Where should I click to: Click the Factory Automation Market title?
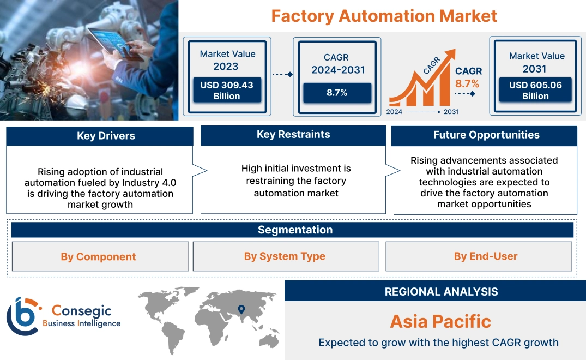[384, 16]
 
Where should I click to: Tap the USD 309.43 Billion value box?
[226, 91]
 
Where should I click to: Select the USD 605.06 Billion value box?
[535, 91]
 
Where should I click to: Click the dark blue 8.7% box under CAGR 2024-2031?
[337, 93]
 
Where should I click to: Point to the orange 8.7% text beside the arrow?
[467, 83]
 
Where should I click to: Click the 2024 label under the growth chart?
[395, 112]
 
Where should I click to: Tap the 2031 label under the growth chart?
[451, 112]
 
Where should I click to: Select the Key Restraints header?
[293, 135]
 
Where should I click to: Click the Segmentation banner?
[295, 230]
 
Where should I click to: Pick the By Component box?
[98, 256]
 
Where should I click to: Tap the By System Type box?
[285, 256]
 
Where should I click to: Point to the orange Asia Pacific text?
[440, 321]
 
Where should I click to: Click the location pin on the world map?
[240, 310]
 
